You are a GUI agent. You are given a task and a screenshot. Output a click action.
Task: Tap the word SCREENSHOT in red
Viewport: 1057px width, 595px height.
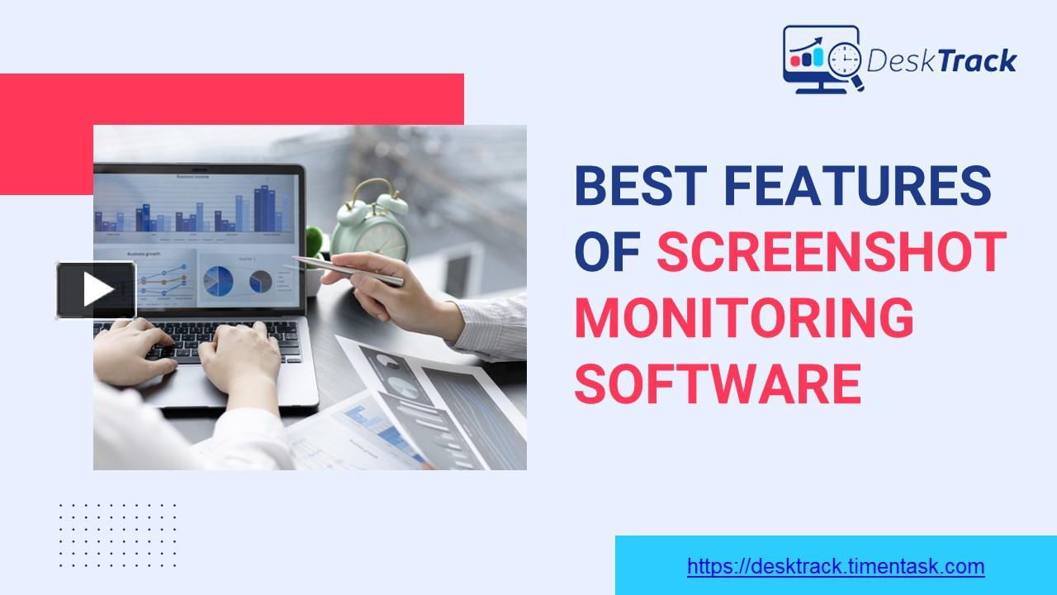coord(832,252)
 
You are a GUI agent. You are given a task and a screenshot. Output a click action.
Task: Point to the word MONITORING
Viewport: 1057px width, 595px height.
coord(744,318)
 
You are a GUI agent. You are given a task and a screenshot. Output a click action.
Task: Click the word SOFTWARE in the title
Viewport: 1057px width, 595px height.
coord(718,384)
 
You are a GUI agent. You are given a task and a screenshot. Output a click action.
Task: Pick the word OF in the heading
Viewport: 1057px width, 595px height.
coord(608,252)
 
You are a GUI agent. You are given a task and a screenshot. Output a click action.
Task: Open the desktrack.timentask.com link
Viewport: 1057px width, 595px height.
coord(836,567)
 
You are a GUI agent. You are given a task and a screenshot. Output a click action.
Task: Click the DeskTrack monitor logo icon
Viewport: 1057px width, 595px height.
coord(822,59)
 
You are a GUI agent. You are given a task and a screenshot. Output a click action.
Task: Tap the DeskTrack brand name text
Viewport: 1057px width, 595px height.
coord(941,60)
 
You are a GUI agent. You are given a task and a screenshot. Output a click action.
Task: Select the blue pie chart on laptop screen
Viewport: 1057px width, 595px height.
coord(218,281)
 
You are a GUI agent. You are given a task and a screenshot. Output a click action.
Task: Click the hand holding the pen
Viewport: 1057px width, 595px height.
coord(388,285)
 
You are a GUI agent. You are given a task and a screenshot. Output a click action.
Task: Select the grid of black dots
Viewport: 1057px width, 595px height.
coord(118,535)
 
